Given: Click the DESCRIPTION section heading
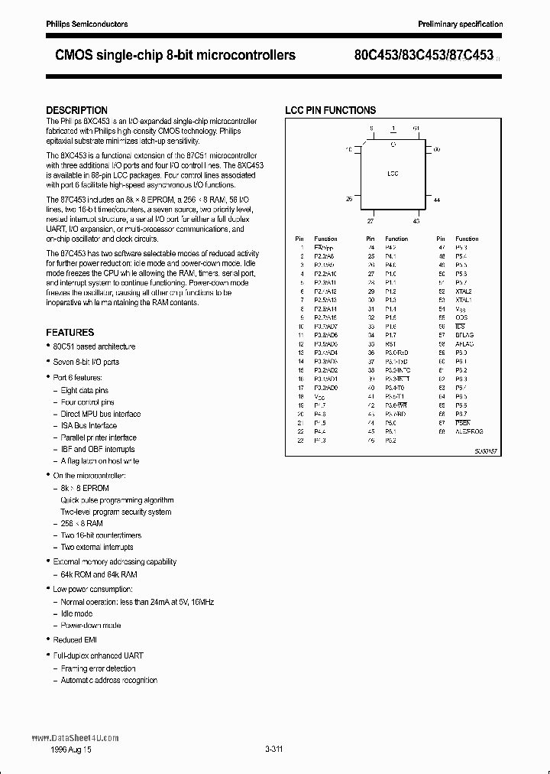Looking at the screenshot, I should pos(76,110).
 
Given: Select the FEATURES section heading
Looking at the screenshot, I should pos(70,333).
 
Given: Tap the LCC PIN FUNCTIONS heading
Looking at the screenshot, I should pos(330,110).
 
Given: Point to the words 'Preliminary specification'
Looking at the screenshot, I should pos(460,24).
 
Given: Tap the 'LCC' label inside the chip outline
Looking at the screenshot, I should pos(393,174).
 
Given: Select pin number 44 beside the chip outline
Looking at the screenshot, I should pos(438,200).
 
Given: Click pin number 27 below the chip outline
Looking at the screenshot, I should pos(371,220).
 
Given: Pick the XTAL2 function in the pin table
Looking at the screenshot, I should pos(464,291).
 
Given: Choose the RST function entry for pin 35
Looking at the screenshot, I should pos(390,343).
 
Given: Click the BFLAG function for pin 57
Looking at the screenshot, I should pos(464,335).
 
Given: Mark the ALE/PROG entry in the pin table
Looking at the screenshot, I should pos(469,431).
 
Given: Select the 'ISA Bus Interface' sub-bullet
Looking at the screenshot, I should pos(89,425).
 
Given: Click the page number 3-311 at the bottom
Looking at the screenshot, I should pos(273,749).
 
